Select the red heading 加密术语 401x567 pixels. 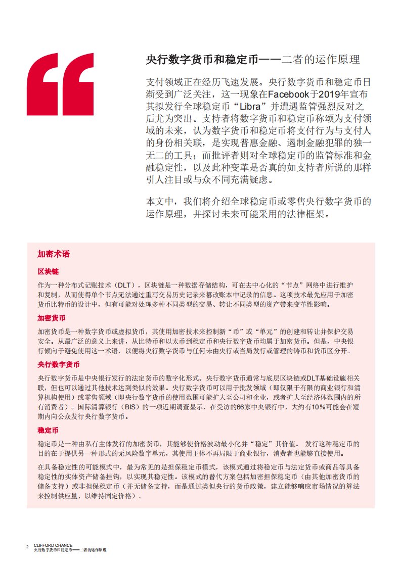[54, 254]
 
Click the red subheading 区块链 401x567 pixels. [48, 271]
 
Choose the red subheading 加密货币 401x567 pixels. [51, 318]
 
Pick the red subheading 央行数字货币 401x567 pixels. [55, 365]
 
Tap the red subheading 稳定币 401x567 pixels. [48, 431]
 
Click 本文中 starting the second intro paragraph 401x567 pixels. [160, 201]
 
